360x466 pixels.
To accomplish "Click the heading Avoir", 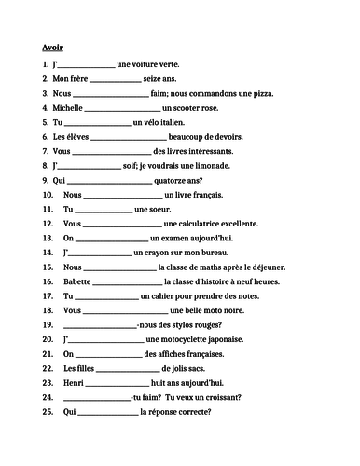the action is click(53, 46).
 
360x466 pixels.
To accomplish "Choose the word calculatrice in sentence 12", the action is click(216, 223).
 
